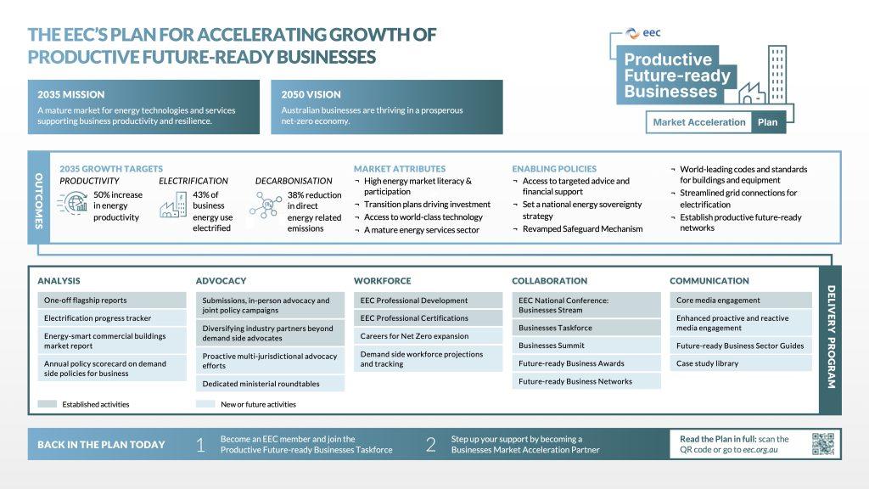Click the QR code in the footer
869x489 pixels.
823,444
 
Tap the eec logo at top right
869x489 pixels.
643,33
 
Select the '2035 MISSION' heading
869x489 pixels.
71,95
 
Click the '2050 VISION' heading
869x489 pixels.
311,95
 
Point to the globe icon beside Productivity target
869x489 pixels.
73,203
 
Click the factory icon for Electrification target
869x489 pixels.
173,205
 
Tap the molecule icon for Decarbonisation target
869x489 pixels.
266,205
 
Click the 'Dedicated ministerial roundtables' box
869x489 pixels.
270,384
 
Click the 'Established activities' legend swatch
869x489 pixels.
48,404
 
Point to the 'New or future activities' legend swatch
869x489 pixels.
205,404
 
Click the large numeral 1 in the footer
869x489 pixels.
200,445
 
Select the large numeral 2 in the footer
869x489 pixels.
430,445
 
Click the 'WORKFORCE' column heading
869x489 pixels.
383,281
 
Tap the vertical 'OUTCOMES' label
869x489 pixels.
39,200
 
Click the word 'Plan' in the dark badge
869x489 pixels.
767,122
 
